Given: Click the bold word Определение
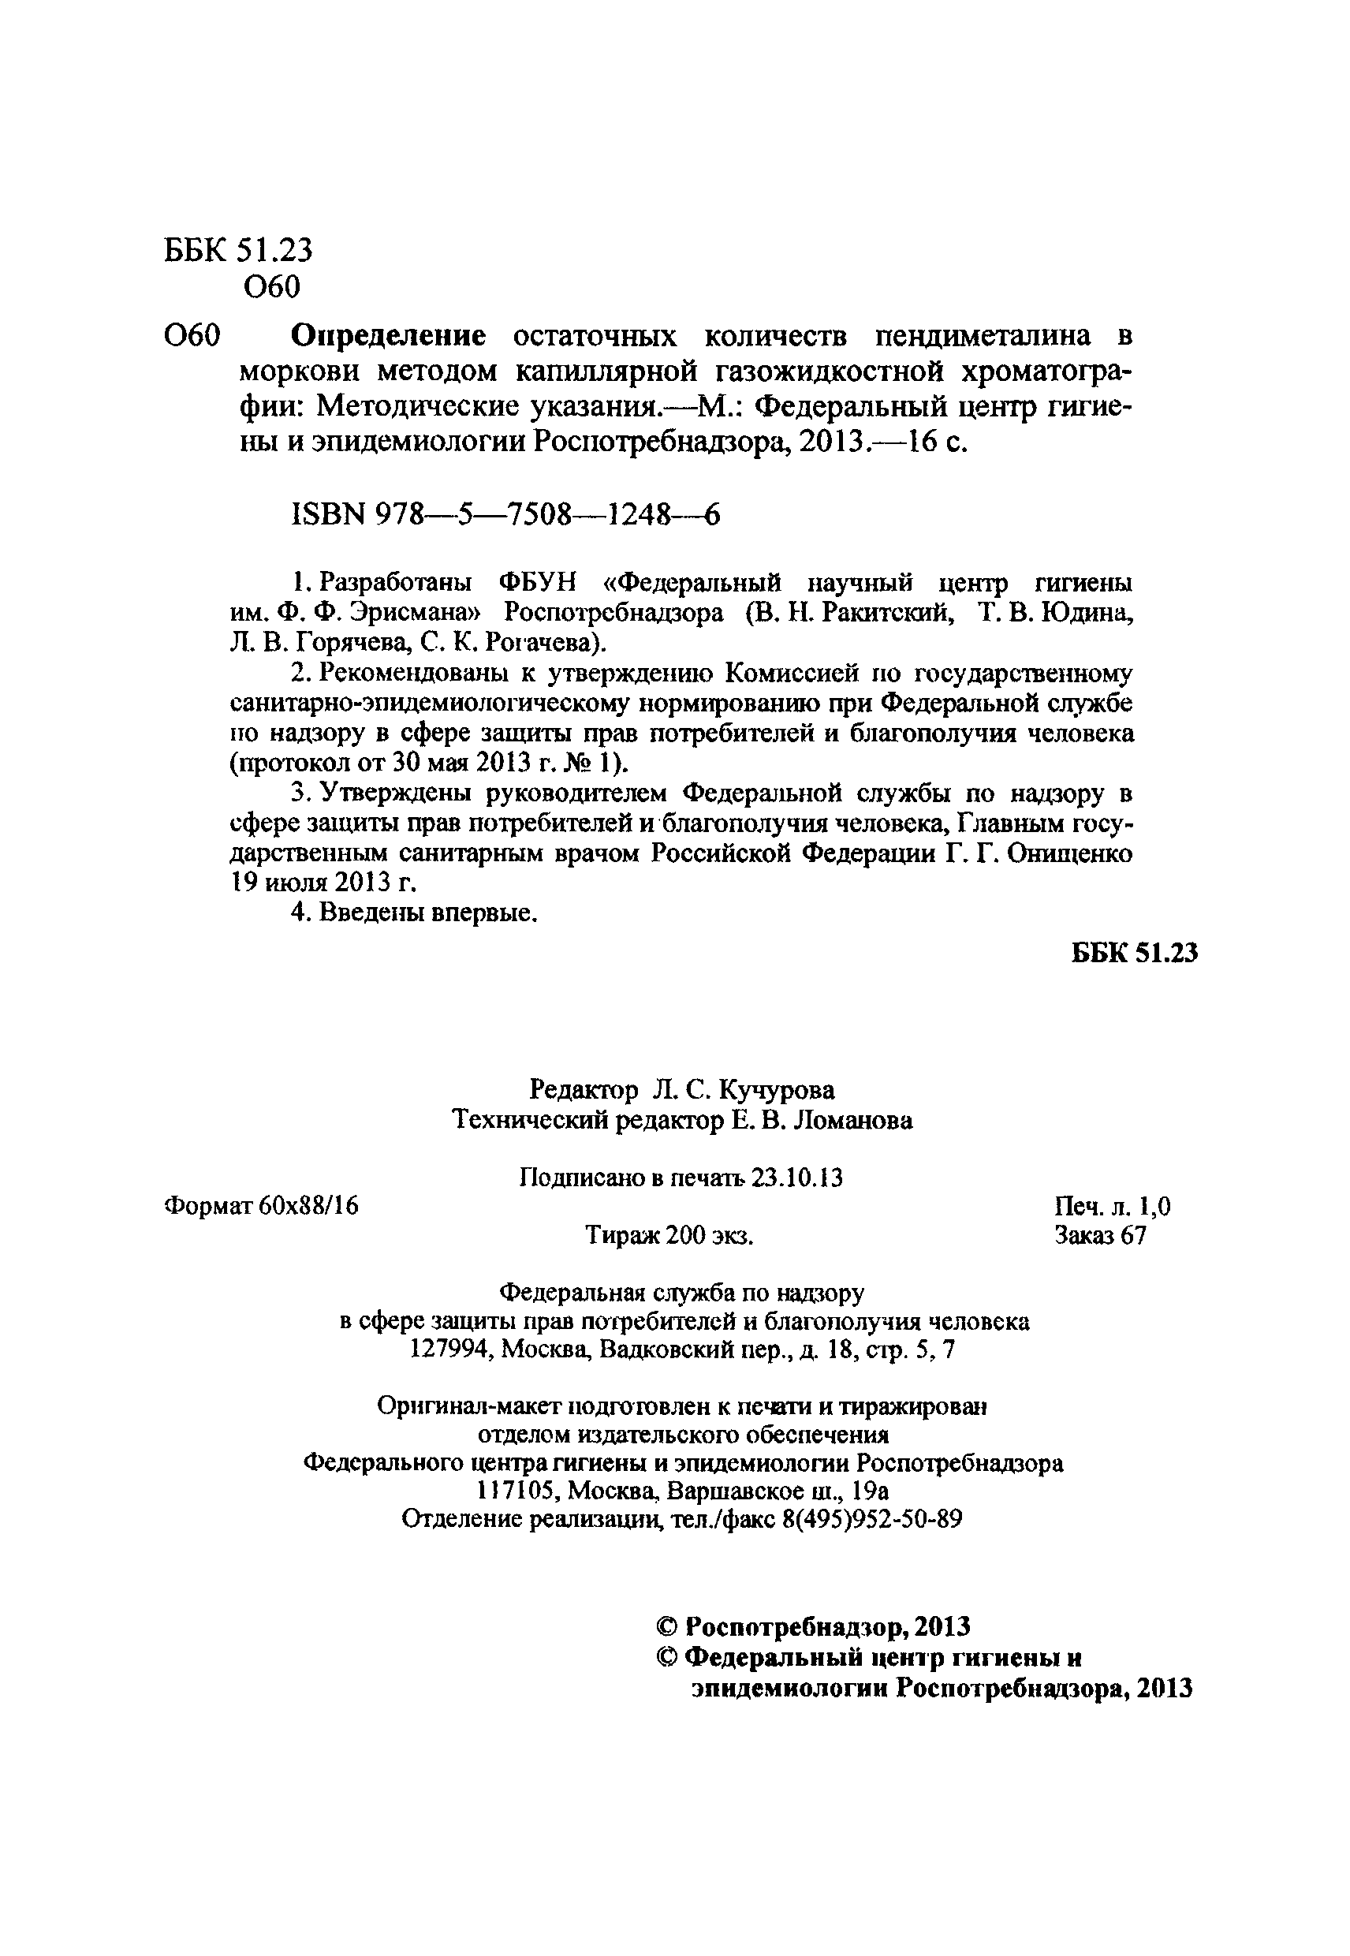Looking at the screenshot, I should [388, 336].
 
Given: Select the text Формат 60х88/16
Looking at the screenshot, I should [260, 1206].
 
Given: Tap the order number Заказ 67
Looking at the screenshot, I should [1099, 1235].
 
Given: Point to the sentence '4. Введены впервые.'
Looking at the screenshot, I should [415, 913].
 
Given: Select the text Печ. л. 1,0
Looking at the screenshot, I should [1113, 1207].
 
